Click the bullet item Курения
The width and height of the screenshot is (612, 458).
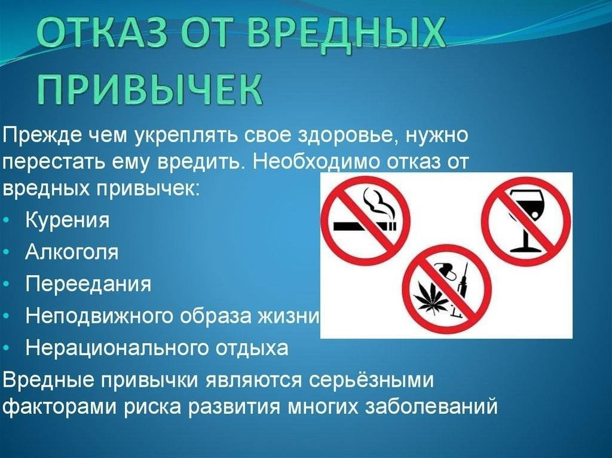point(67,220)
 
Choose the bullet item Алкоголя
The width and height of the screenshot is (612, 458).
point(72,252)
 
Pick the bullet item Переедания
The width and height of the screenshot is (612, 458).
point(88,283)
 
